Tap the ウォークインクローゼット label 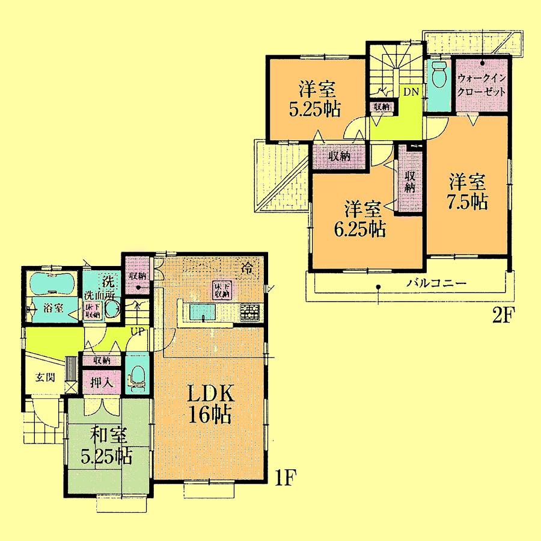[481, 85]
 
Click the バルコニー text [436, 283]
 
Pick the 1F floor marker [286, 477]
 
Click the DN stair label [411, 92]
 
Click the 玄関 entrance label [41, 377]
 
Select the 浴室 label [53, 308]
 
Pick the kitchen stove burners [249, 312]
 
